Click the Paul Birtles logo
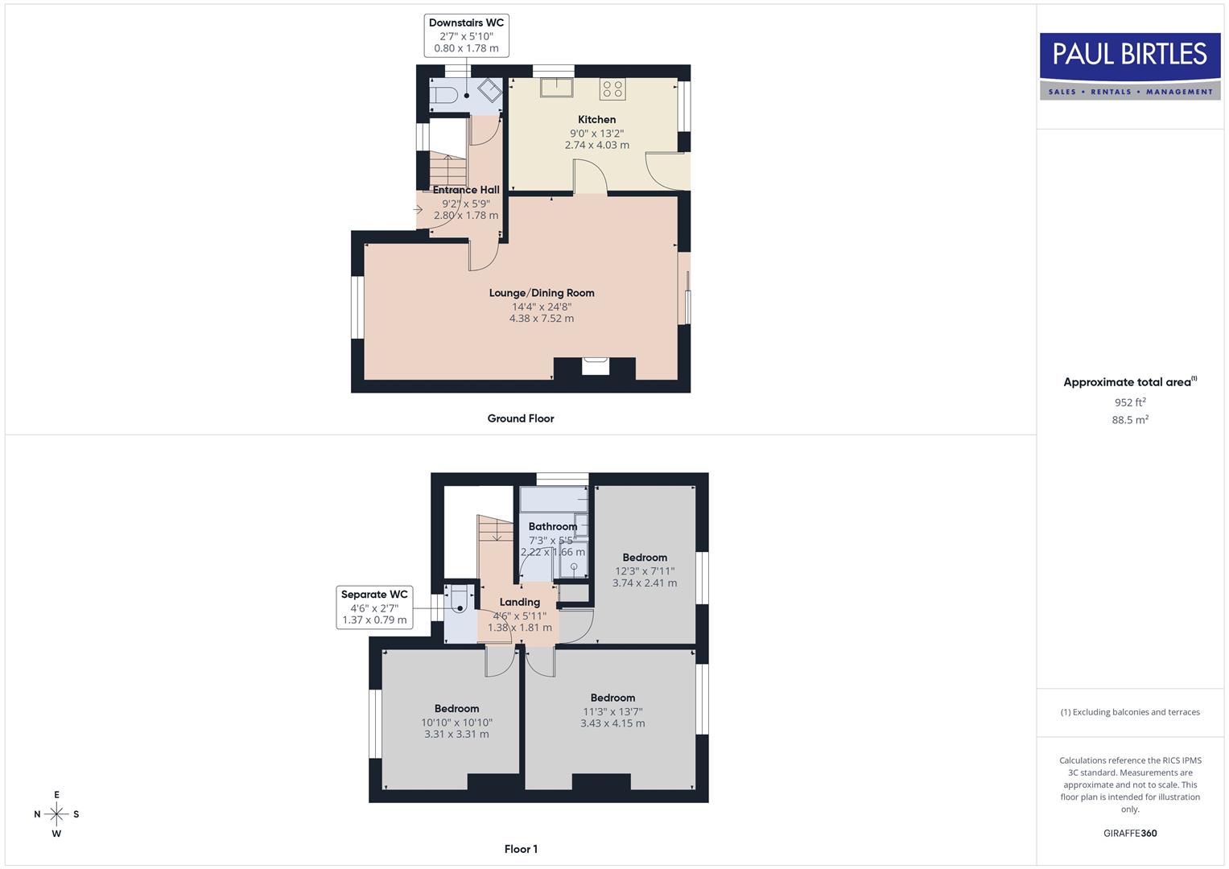1130,65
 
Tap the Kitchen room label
596,120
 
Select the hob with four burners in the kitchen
612,89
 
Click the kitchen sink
556,87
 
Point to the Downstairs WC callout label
466,35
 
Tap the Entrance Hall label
466,190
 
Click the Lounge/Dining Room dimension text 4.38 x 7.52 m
542,319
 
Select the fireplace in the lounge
596,366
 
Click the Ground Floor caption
521,418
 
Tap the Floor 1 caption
521,849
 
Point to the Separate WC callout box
374,607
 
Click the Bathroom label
553,526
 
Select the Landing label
520,602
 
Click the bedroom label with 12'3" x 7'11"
645,558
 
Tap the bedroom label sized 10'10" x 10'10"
456,709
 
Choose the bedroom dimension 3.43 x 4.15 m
612,723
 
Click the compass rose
56,814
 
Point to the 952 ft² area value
1130,402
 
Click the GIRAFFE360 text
1130,834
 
